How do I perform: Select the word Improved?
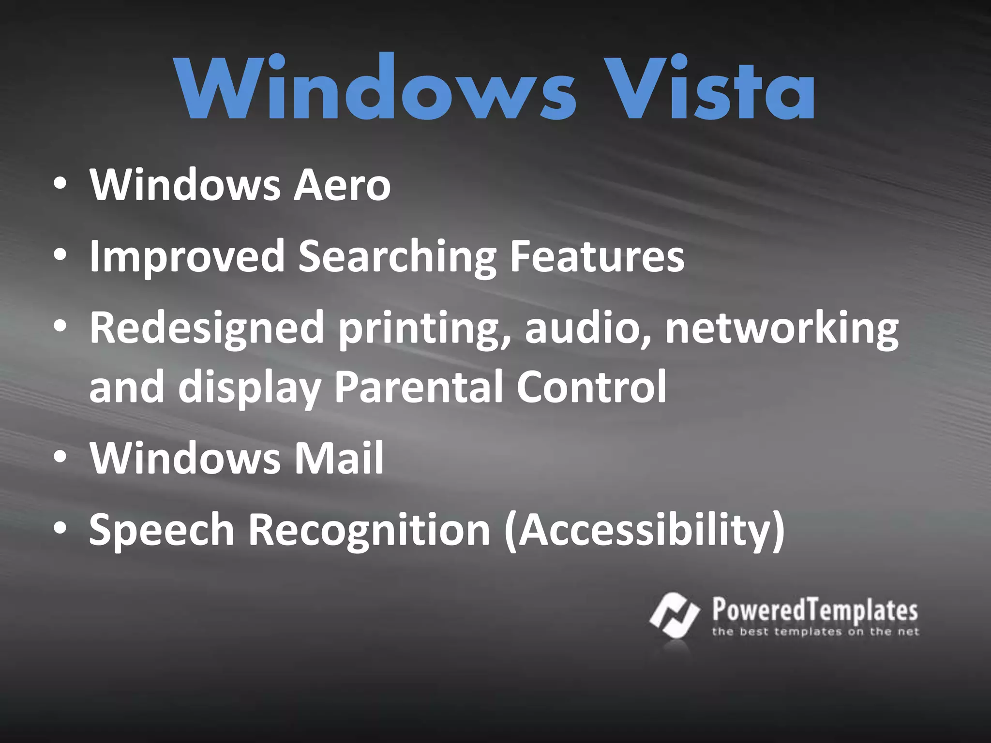[187, 256]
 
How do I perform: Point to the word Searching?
[397, 256]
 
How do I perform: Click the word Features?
[597, 256]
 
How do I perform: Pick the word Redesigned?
[207, 328]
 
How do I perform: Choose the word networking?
[782, 328]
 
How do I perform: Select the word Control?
[591, 387]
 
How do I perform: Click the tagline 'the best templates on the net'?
[815, 632]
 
